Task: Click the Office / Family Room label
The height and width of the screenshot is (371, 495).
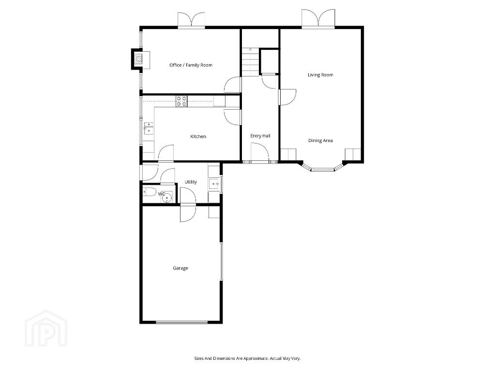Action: [x=191, y=65]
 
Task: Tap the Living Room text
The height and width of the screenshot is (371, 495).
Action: [x=320, y=75]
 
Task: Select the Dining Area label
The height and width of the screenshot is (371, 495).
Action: [x=320, y=141]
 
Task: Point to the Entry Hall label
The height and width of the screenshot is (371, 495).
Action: [x=260, y=136]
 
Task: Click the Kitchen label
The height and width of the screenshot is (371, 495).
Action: [x=198, y=137]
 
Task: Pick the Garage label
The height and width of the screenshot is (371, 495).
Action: [x=180, y=268]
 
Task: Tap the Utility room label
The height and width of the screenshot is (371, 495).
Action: [x=191, y=182]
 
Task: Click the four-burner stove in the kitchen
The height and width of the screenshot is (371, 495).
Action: [x=181, y=101]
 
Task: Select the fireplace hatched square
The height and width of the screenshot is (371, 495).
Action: [x=137, y=59]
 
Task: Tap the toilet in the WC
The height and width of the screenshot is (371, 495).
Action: [x=149, y=191]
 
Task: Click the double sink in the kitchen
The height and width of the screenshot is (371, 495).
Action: [x=149, y=128]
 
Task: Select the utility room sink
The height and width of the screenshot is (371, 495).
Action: [x=214, y=184]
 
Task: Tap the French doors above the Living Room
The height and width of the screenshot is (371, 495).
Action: [x=318, y=19]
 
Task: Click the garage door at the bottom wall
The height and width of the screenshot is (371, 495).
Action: [x=181, y=322]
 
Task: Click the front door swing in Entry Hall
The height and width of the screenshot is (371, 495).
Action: [x=260, y=153]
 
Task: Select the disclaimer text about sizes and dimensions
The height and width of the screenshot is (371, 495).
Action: [x=247, y=358]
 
